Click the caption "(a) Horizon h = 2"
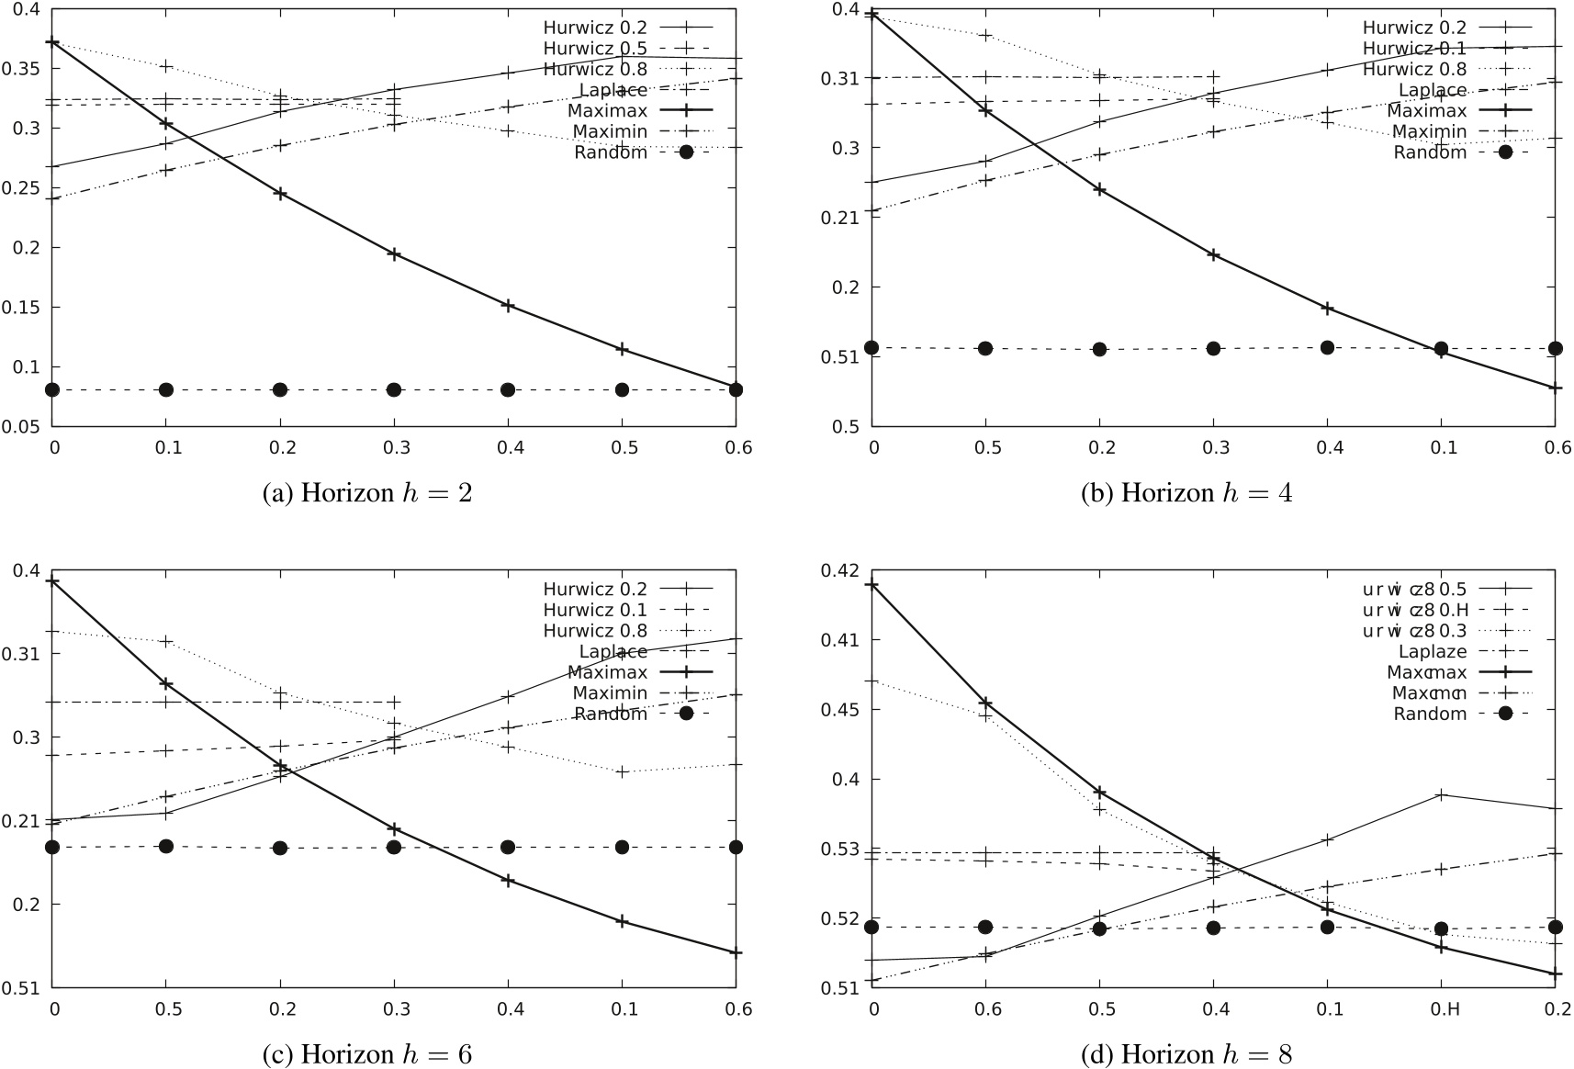(x=367, y=494)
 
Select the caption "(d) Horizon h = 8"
(x=1186, y=1054)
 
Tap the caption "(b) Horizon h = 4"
(x=1187, y=494)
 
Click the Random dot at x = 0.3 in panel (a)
(x=394, y=389)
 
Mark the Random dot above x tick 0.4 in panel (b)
(x=1327, y=347)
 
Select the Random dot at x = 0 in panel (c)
(x=52, y=847)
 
